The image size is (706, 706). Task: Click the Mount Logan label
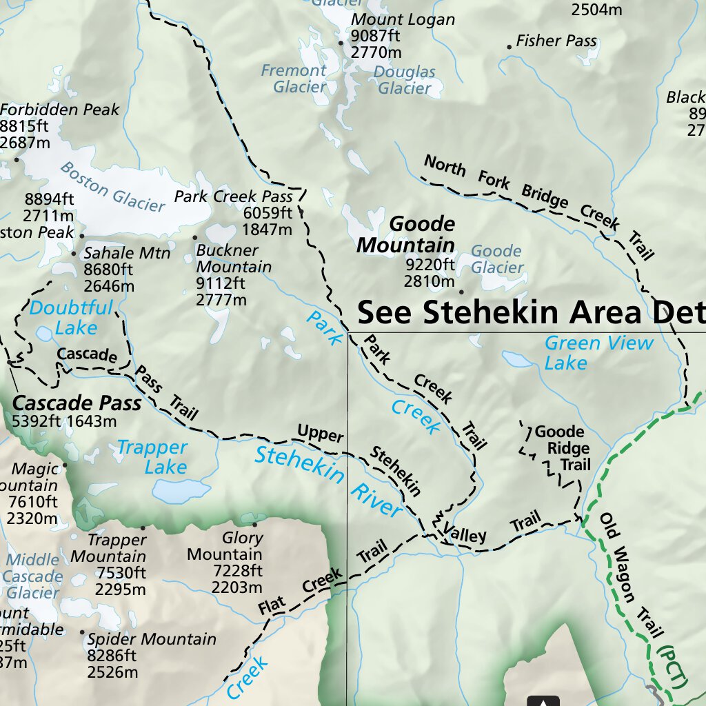[x=403, y=20]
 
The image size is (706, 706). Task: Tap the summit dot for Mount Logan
[x=340, y=43]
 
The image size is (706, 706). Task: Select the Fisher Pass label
[x=556, y=41]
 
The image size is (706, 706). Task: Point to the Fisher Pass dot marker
[x=510, y=47]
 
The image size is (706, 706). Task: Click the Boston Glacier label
[x=112, y=186]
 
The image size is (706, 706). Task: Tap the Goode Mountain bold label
[x=407, y=234]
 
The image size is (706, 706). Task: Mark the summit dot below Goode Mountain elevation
[x=461, y=291]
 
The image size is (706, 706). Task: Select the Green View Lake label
[x=598, y=352]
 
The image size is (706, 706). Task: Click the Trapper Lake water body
[x=172, y=491]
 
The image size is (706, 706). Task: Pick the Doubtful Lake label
[x=71, y=317]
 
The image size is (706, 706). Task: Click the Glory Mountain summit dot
[x=244, y=524]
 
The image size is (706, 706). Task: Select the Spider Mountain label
[x=151, y=639]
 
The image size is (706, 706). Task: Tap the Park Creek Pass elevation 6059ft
[x=268, y=213]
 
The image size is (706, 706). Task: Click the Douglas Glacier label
[x=405, y=80]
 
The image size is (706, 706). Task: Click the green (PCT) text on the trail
[x=674, y=665]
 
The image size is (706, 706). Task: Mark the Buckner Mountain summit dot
[x=194, y=238]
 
